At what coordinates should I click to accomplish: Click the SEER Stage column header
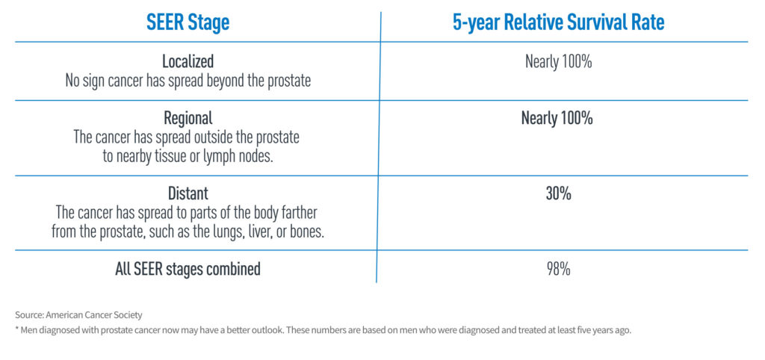[x=188, y=22]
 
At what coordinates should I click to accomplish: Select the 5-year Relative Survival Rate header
[x=558, y=22]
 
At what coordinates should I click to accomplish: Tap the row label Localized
[x=188, y=62]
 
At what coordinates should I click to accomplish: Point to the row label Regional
[x=188, y=118]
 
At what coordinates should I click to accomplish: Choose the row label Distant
[x=188, y=194]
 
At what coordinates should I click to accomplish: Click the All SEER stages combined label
[x=188, y=269]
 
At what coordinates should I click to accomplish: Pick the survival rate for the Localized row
[x=558, y=62]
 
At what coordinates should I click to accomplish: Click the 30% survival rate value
[x=558, y=194]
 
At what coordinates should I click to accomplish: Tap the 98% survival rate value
[x=558, y=269]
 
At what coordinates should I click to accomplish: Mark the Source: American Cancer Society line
[x=79, y=314]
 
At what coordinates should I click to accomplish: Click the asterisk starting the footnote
[x=17, y=329]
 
